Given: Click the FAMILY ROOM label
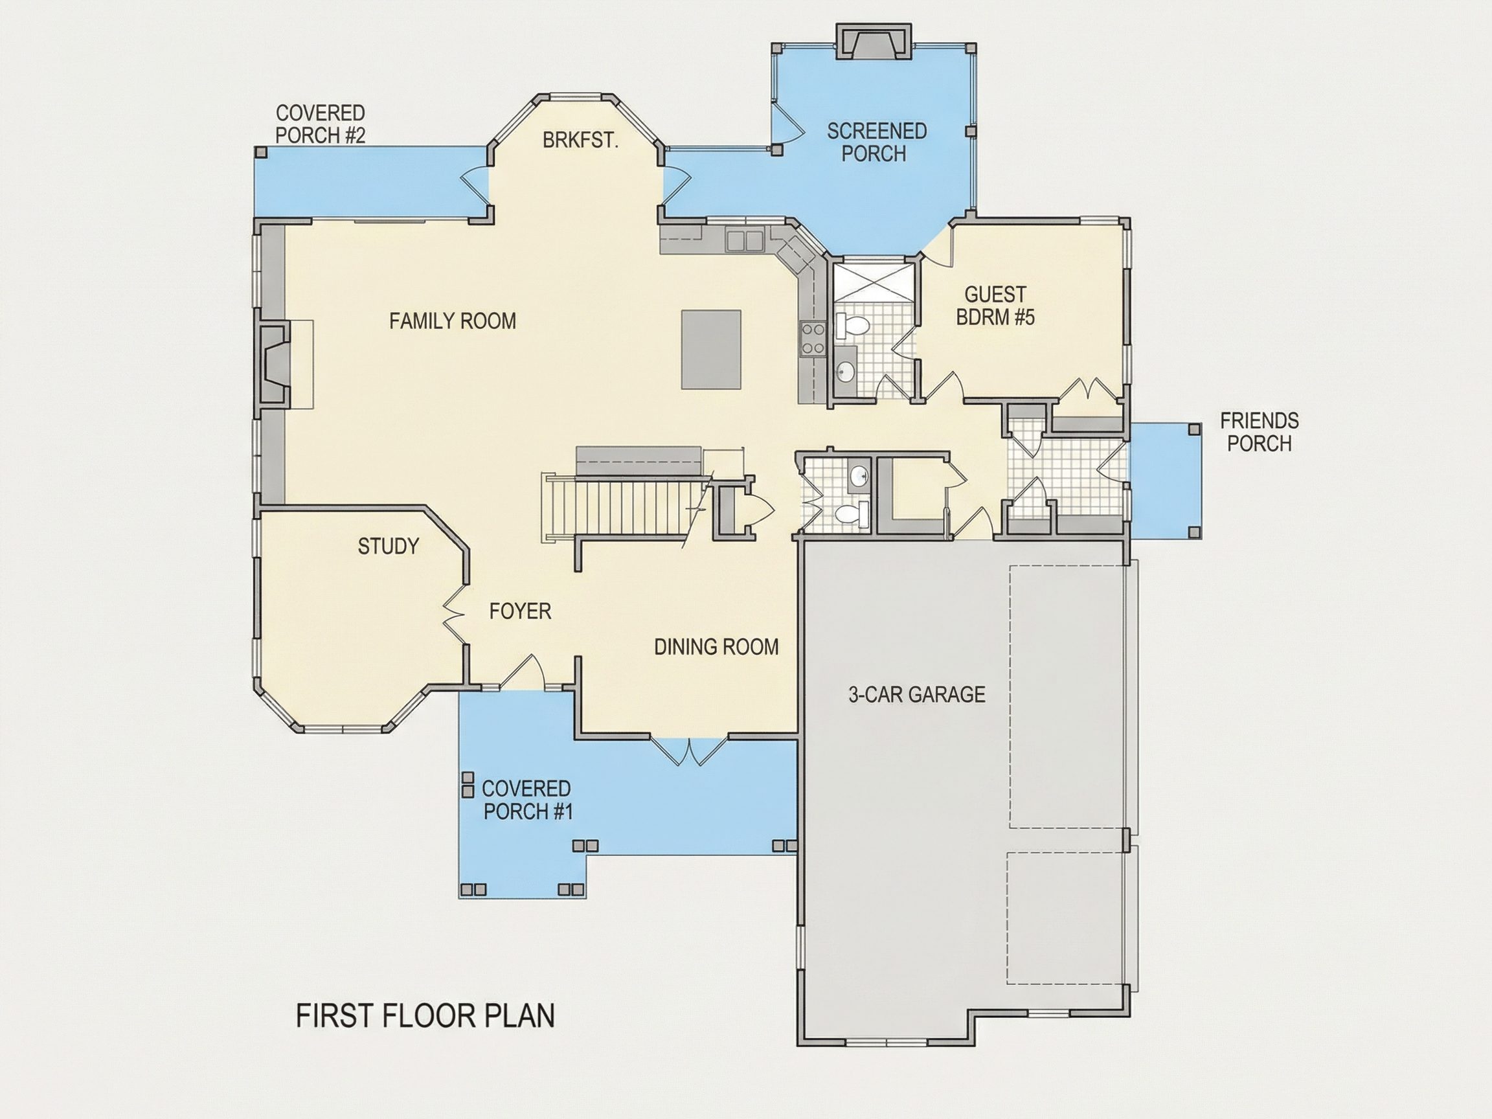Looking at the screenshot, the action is (453, 321).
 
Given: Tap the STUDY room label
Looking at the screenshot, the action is (388, 546).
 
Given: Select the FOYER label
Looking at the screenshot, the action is (520, 611).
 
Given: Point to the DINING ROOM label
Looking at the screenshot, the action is (716, 647).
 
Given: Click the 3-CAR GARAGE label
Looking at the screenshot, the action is (917, 694).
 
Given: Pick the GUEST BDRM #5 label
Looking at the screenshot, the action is (995, 306).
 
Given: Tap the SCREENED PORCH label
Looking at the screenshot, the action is (876, 142).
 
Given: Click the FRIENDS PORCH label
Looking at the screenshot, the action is (1259, 432).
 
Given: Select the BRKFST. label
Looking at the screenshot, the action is (580, 140).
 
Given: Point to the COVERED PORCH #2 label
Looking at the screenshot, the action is (321, 124).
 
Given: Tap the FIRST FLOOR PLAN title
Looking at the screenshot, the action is (425, 1016).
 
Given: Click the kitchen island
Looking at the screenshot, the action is (711, 350).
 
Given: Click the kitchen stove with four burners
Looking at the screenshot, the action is (812, 339).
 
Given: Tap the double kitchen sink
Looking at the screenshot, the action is (744, 241).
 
